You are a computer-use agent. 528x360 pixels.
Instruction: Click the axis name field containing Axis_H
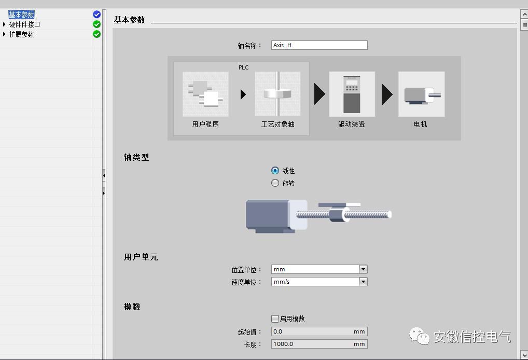319,45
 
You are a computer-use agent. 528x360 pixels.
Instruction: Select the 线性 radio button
275,171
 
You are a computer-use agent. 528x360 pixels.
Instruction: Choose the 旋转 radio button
275,183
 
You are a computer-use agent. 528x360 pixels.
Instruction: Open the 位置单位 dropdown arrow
363,269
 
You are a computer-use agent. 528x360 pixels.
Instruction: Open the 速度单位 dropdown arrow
363,282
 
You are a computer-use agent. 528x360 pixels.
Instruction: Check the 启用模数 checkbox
275,319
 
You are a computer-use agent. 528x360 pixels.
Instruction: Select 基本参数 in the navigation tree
22,15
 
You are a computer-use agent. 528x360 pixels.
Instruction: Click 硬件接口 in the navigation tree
24,24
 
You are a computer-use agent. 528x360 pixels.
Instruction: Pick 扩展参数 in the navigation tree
22,34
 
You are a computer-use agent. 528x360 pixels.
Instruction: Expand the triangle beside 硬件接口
5,24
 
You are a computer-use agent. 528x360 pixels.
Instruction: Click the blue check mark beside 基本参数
96,15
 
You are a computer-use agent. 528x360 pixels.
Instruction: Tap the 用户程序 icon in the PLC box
205,94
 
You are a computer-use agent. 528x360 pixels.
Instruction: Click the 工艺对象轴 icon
277,94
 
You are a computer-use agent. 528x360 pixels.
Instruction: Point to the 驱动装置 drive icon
352,94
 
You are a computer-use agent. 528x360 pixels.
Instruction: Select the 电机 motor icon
421,94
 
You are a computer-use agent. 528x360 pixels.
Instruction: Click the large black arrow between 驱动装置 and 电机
387,94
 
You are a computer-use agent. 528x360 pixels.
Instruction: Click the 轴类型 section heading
136,157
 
